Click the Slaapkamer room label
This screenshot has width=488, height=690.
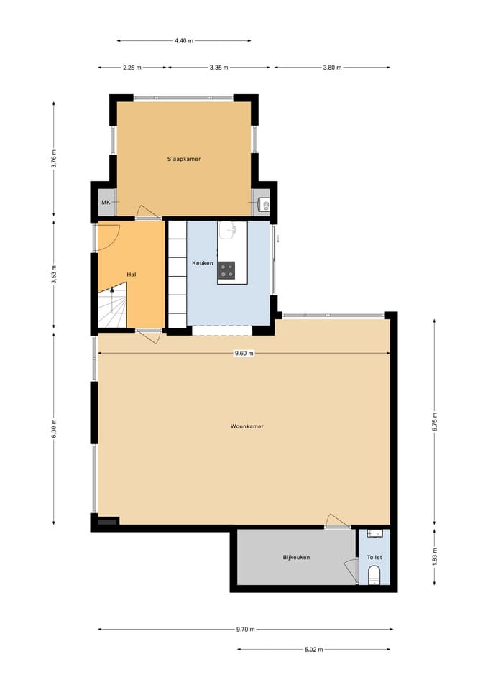(x=183, y=159)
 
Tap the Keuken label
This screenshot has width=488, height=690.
(x=203, y=263)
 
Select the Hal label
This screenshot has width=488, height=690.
(x=131, y=275)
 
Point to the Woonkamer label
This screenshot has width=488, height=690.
(x=247, y=426)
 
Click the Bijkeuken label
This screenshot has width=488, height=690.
(x=296, y=557)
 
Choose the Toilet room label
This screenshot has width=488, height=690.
(x=374, y=557)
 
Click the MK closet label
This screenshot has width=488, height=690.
(x=106, y=203)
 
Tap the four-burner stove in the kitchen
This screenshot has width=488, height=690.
(x=226, y=270)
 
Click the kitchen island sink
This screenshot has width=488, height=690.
(x=228, y=230)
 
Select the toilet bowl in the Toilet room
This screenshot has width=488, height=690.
(x=374, y=576)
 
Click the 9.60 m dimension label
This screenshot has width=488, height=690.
(x=244, y=354)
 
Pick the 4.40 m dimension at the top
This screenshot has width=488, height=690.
(x=184, y=41)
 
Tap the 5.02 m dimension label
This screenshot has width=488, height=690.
(x=314, y=649)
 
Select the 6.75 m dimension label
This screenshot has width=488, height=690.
(x=434, y=422)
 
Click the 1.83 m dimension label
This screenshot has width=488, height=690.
(x=434, y=557)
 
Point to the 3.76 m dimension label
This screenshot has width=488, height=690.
(x=54, y=159)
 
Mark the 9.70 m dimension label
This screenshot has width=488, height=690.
(x=246, y=630)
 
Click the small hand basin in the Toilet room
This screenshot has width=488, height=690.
(x=375, y=534)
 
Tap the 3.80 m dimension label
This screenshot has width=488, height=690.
(x=332, y=68)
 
